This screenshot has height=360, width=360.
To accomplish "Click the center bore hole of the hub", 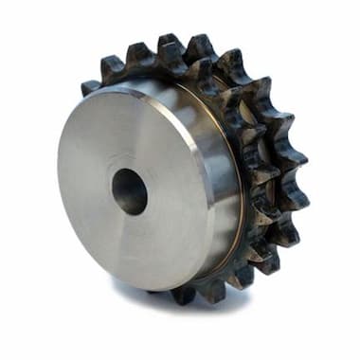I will coord(130,190).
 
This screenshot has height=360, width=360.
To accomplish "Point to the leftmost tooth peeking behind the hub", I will coord(90,86).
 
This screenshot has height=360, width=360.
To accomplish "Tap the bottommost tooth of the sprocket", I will coord(186,295).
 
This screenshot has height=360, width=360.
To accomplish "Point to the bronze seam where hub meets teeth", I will coord(236,189).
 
